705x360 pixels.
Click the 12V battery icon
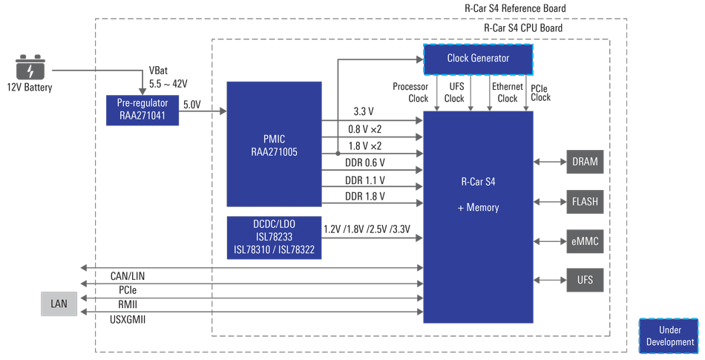click(30, 68)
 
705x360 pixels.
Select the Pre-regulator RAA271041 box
click(142, 110)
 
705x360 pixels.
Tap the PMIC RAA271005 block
click(274, 144)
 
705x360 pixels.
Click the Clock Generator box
click(478, 59)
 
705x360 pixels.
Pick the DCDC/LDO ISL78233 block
click(273, 238)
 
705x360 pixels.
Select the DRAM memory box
click(585, 162)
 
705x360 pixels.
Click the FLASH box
click(585, 202)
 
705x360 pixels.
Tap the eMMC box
click(585, 241)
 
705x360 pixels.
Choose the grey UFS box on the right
click(585, 280)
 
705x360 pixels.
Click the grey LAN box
click(59, 304)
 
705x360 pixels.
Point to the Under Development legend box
click(669, 336)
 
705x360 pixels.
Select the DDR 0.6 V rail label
click(365, 163)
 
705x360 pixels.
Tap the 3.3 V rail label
click(364, 111)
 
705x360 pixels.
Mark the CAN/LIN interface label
click(128, 276)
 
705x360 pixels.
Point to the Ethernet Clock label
click(507, 93)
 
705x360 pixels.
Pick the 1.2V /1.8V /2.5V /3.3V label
click(367, 229)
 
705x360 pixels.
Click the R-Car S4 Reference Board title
click(515, 9)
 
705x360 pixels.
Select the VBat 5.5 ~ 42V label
click(168, 77)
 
